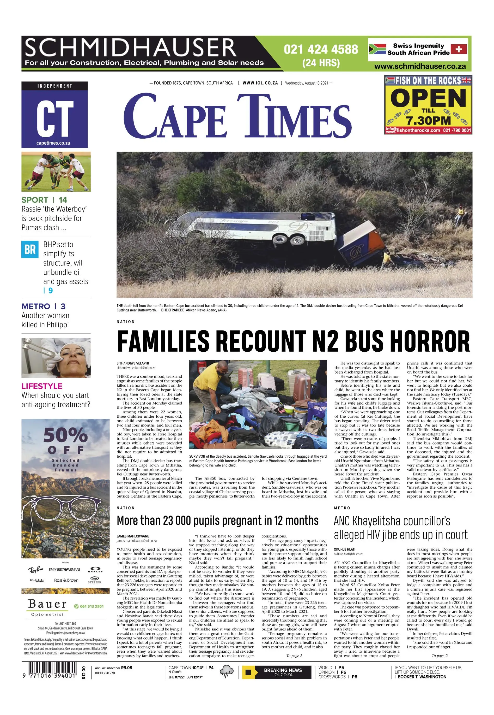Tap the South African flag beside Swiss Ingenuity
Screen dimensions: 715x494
point(377,49)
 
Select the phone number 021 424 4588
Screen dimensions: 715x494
point(321,49)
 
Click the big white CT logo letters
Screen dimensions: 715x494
point(54,119)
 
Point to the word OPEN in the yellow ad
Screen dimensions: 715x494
point(428,99)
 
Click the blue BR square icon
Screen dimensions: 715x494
point(30,249)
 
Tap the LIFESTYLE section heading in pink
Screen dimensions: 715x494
point(42,386)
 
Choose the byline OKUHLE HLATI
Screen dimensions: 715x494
point(345,549)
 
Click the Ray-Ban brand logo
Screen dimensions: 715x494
point(36,570)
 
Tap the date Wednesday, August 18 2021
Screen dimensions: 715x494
point(306,83)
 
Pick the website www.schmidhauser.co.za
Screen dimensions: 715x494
point(420,66)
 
